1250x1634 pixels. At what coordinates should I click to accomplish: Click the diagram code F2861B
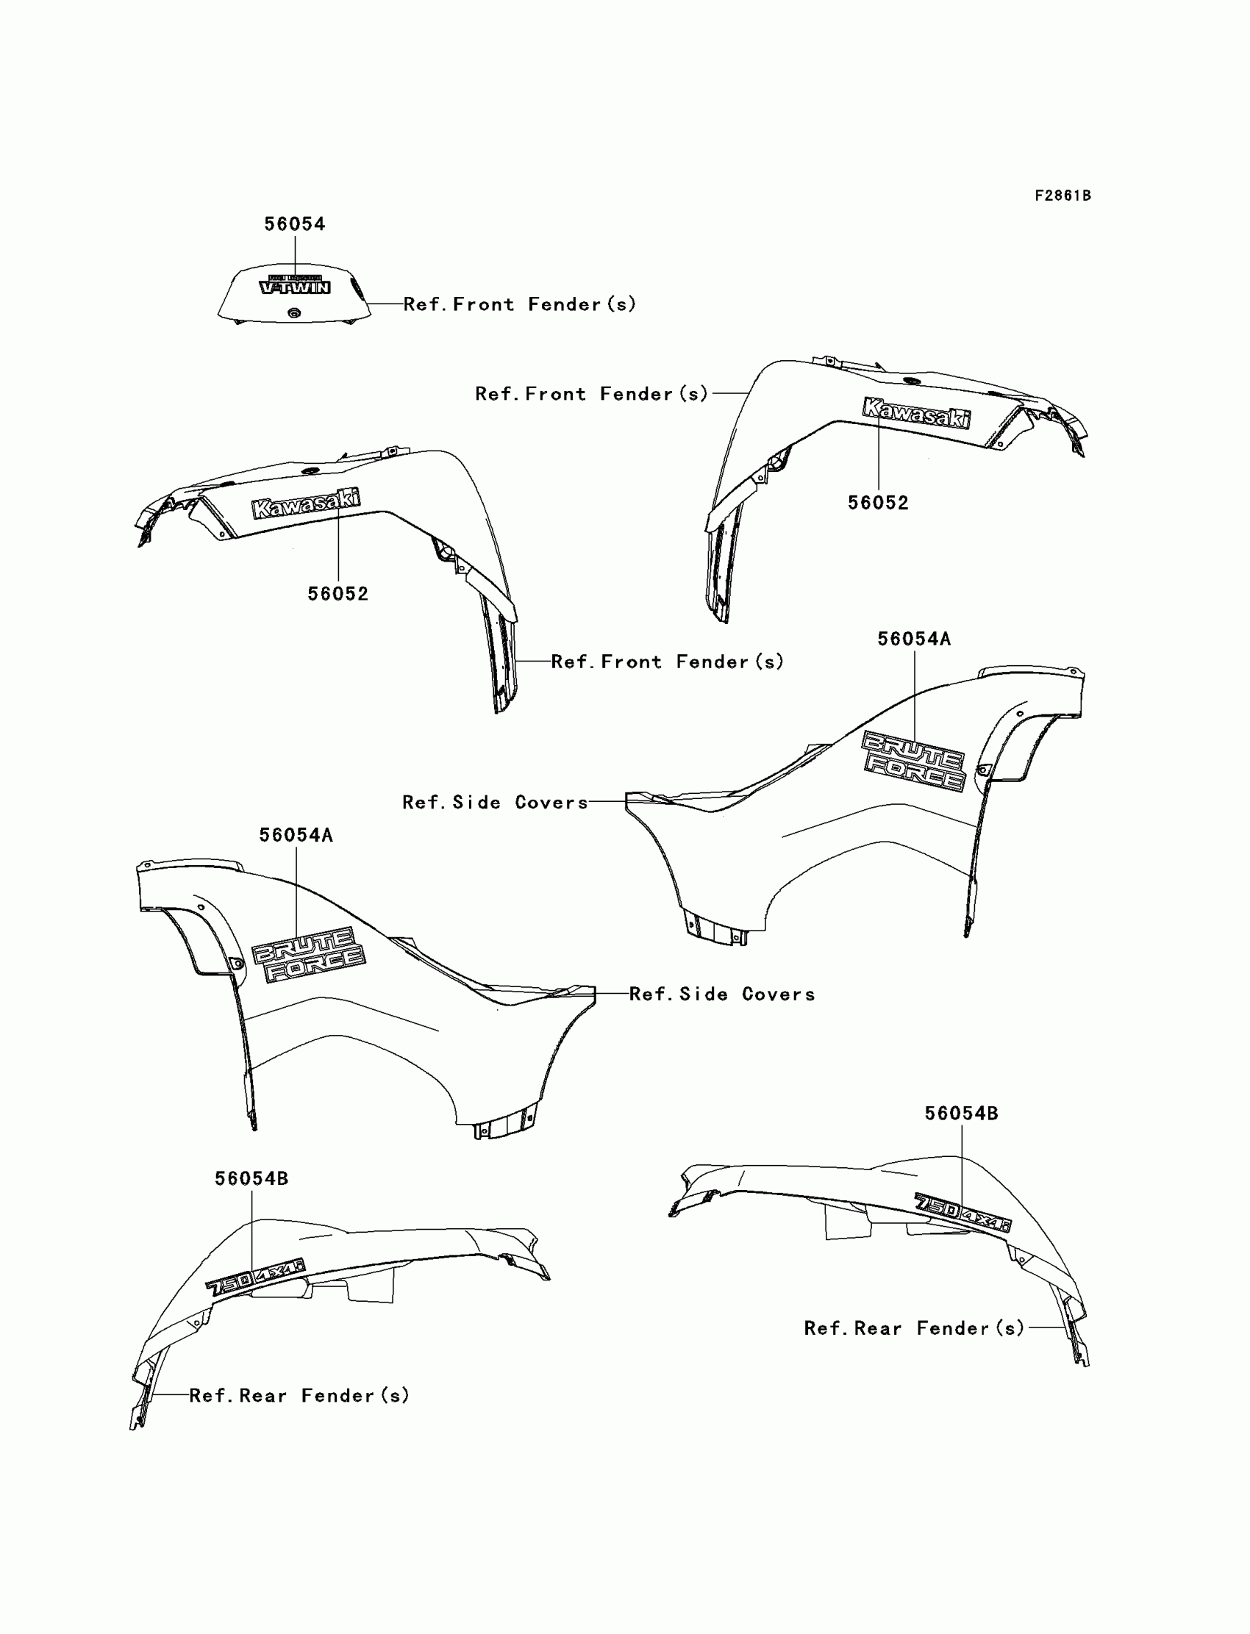pos(1062,196)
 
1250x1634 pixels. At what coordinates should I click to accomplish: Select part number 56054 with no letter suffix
pos(295,224)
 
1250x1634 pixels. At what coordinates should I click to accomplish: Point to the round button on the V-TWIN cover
pos(294,313)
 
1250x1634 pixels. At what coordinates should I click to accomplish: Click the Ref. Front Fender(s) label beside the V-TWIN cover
pos(519,304)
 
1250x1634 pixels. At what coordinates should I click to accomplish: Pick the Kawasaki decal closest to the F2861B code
pos(917,413)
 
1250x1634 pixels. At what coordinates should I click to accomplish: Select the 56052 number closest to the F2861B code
pos(878,503)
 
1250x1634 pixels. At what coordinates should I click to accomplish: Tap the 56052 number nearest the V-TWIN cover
pos(337,593)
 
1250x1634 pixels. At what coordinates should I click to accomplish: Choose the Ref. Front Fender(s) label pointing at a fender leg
pos(668,662)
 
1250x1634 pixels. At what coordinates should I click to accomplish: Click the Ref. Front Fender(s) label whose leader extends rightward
pos(591,393)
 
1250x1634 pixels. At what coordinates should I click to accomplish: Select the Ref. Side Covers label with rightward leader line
pos(495,802)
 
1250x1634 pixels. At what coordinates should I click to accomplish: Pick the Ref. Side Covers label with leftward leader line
pos(722,994)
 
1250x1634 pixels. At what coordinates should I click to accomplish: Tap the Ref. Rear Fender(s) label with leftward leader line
pos(299,1395)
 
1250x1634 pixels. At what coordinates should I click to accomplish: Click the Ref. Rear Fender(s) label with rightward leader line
pos(915,1328)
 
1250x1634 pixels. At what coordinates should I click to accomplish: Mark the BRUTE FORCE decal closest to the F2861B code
pos(914,760)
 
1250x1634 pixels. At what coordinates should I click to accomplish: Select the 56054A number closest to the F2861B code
pos(914,639)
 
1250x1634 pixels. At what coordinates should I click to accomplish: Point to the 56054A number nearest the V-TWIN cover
pos(296,835)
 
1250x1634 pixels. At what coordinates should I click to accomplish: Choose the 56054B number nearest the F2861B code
pos(961,1114)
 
